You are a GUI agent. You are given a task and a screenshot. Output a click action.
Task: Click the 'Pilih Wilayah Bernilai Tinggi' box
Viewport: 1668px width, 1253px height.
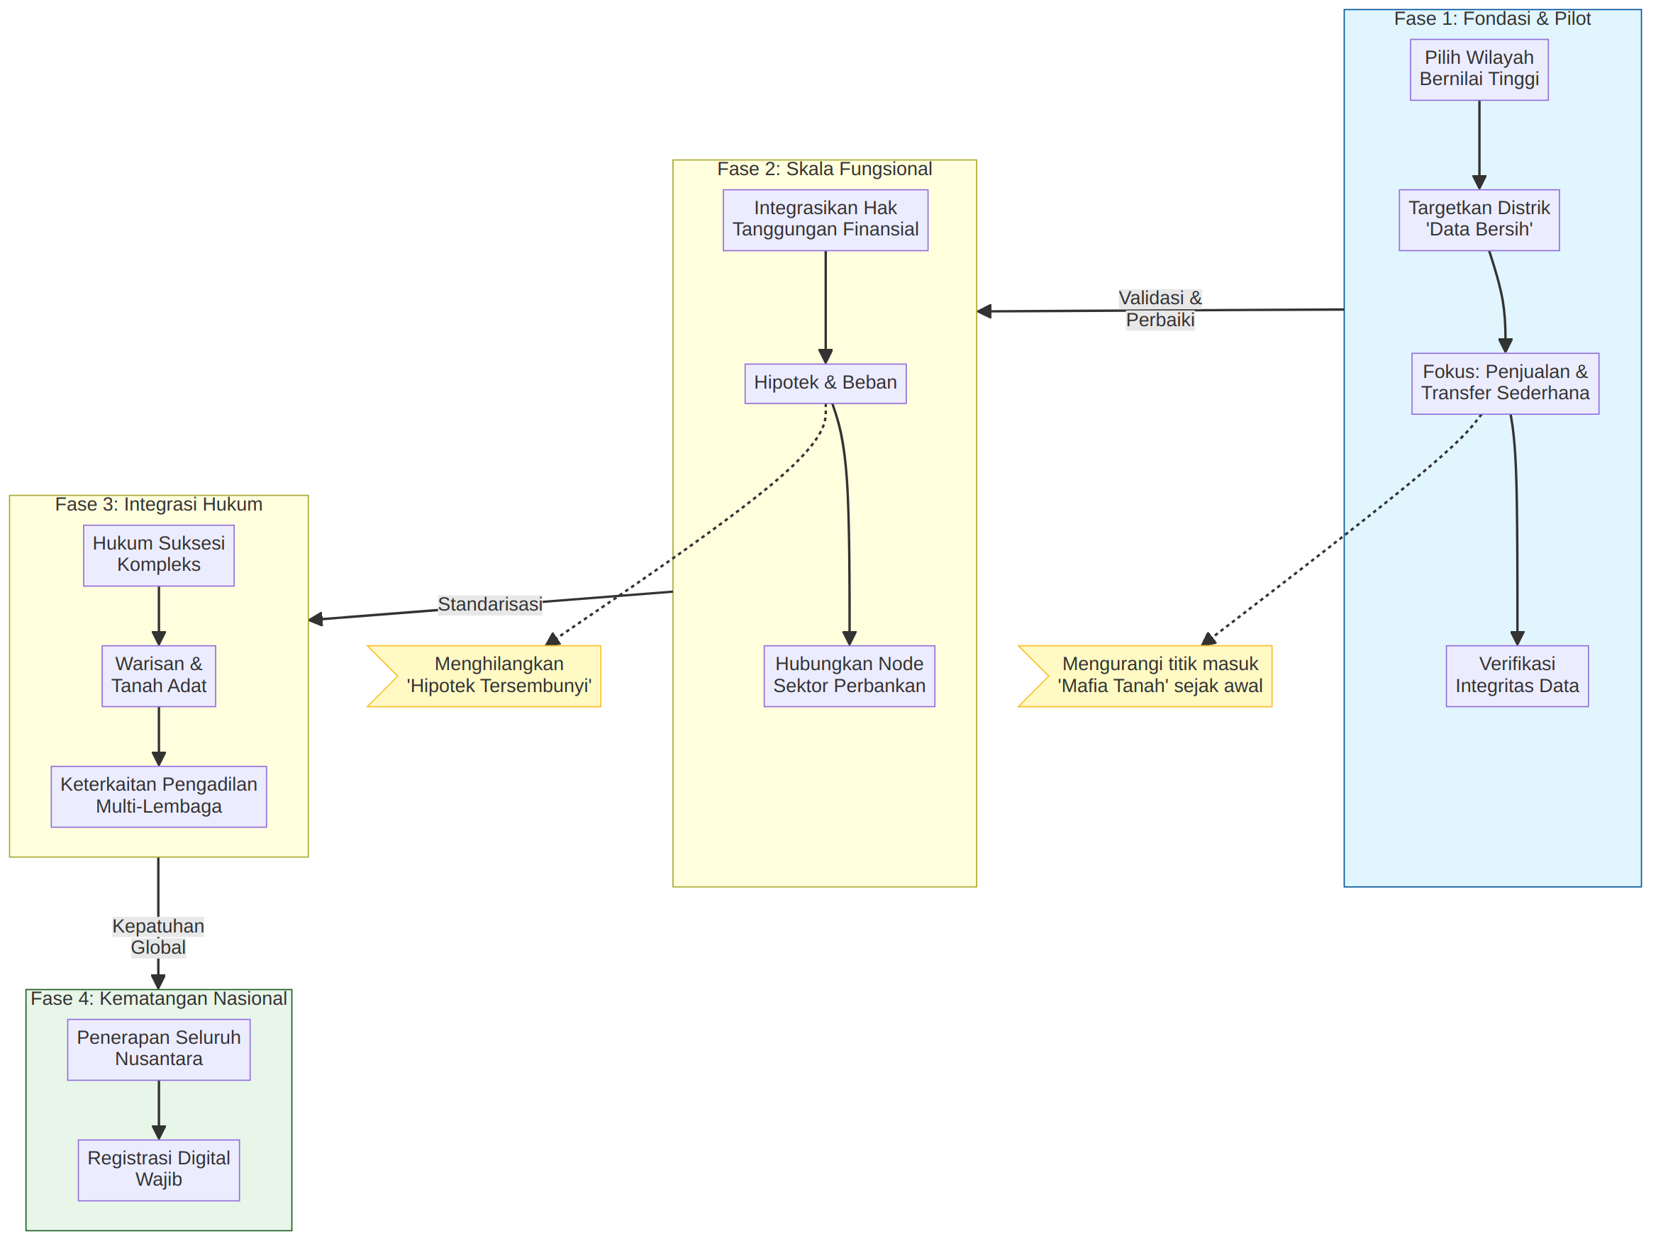1479,69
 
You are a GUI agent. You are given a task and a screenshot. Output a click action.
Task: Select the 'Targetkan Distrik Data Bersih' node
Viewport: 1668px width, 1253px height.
1479,220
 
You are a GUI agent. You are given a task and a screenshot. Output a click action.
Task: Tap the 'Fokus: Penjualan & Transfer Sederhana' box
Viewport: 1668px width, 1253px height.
1505,384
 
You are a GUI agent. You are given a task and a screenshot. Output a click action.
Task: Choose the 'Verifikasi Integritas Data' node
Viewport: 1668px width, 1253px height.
1517,676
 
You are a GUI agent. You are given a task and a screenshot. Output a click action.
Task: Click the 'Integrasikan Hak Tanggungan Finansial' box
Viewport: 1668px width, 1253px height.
825,220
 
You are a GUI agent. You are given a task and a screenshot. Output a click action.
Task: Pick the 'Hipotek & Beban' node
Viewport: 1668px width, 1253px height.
825,384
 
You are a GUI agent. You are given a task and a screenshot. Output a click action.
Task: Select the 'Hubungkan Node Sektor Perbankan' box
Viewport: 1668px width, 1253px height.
849,676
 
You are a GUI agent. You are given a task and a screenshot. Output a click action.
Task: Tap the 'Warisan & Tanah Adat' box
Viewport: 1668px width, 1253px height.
159,676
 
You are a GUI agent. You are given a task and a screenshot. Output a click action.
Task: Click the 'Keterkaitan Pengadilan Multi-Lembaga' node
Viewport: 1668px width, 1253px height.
159,797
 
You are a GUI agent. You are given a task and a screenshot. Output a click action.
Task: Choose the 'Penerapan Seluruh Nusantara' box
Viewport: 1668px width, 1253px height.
159,1049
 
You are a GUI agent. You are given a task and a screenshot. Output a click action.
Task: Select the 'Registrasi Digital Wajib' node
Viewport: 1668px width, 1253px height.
159,1170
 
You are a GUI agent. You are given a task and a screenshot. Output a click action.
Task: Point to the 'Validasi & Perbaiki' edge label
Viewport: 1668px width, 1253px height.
1160,309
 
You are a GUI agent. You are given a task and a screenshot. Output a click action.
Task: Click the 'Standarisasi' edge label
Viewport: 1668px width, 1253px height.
490,604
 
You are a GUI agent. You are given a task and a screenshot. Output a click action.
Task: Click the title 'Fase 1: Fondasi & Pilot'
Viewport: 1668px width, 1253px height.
1492,19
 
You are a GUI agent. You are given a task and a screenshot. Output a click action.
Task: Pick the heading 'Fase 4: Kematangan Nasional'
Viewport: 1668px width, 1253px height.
158,998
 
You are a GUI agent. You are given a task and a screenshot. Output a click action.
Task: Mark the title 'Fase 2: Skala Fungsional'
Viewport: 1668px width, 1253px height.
824,169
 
